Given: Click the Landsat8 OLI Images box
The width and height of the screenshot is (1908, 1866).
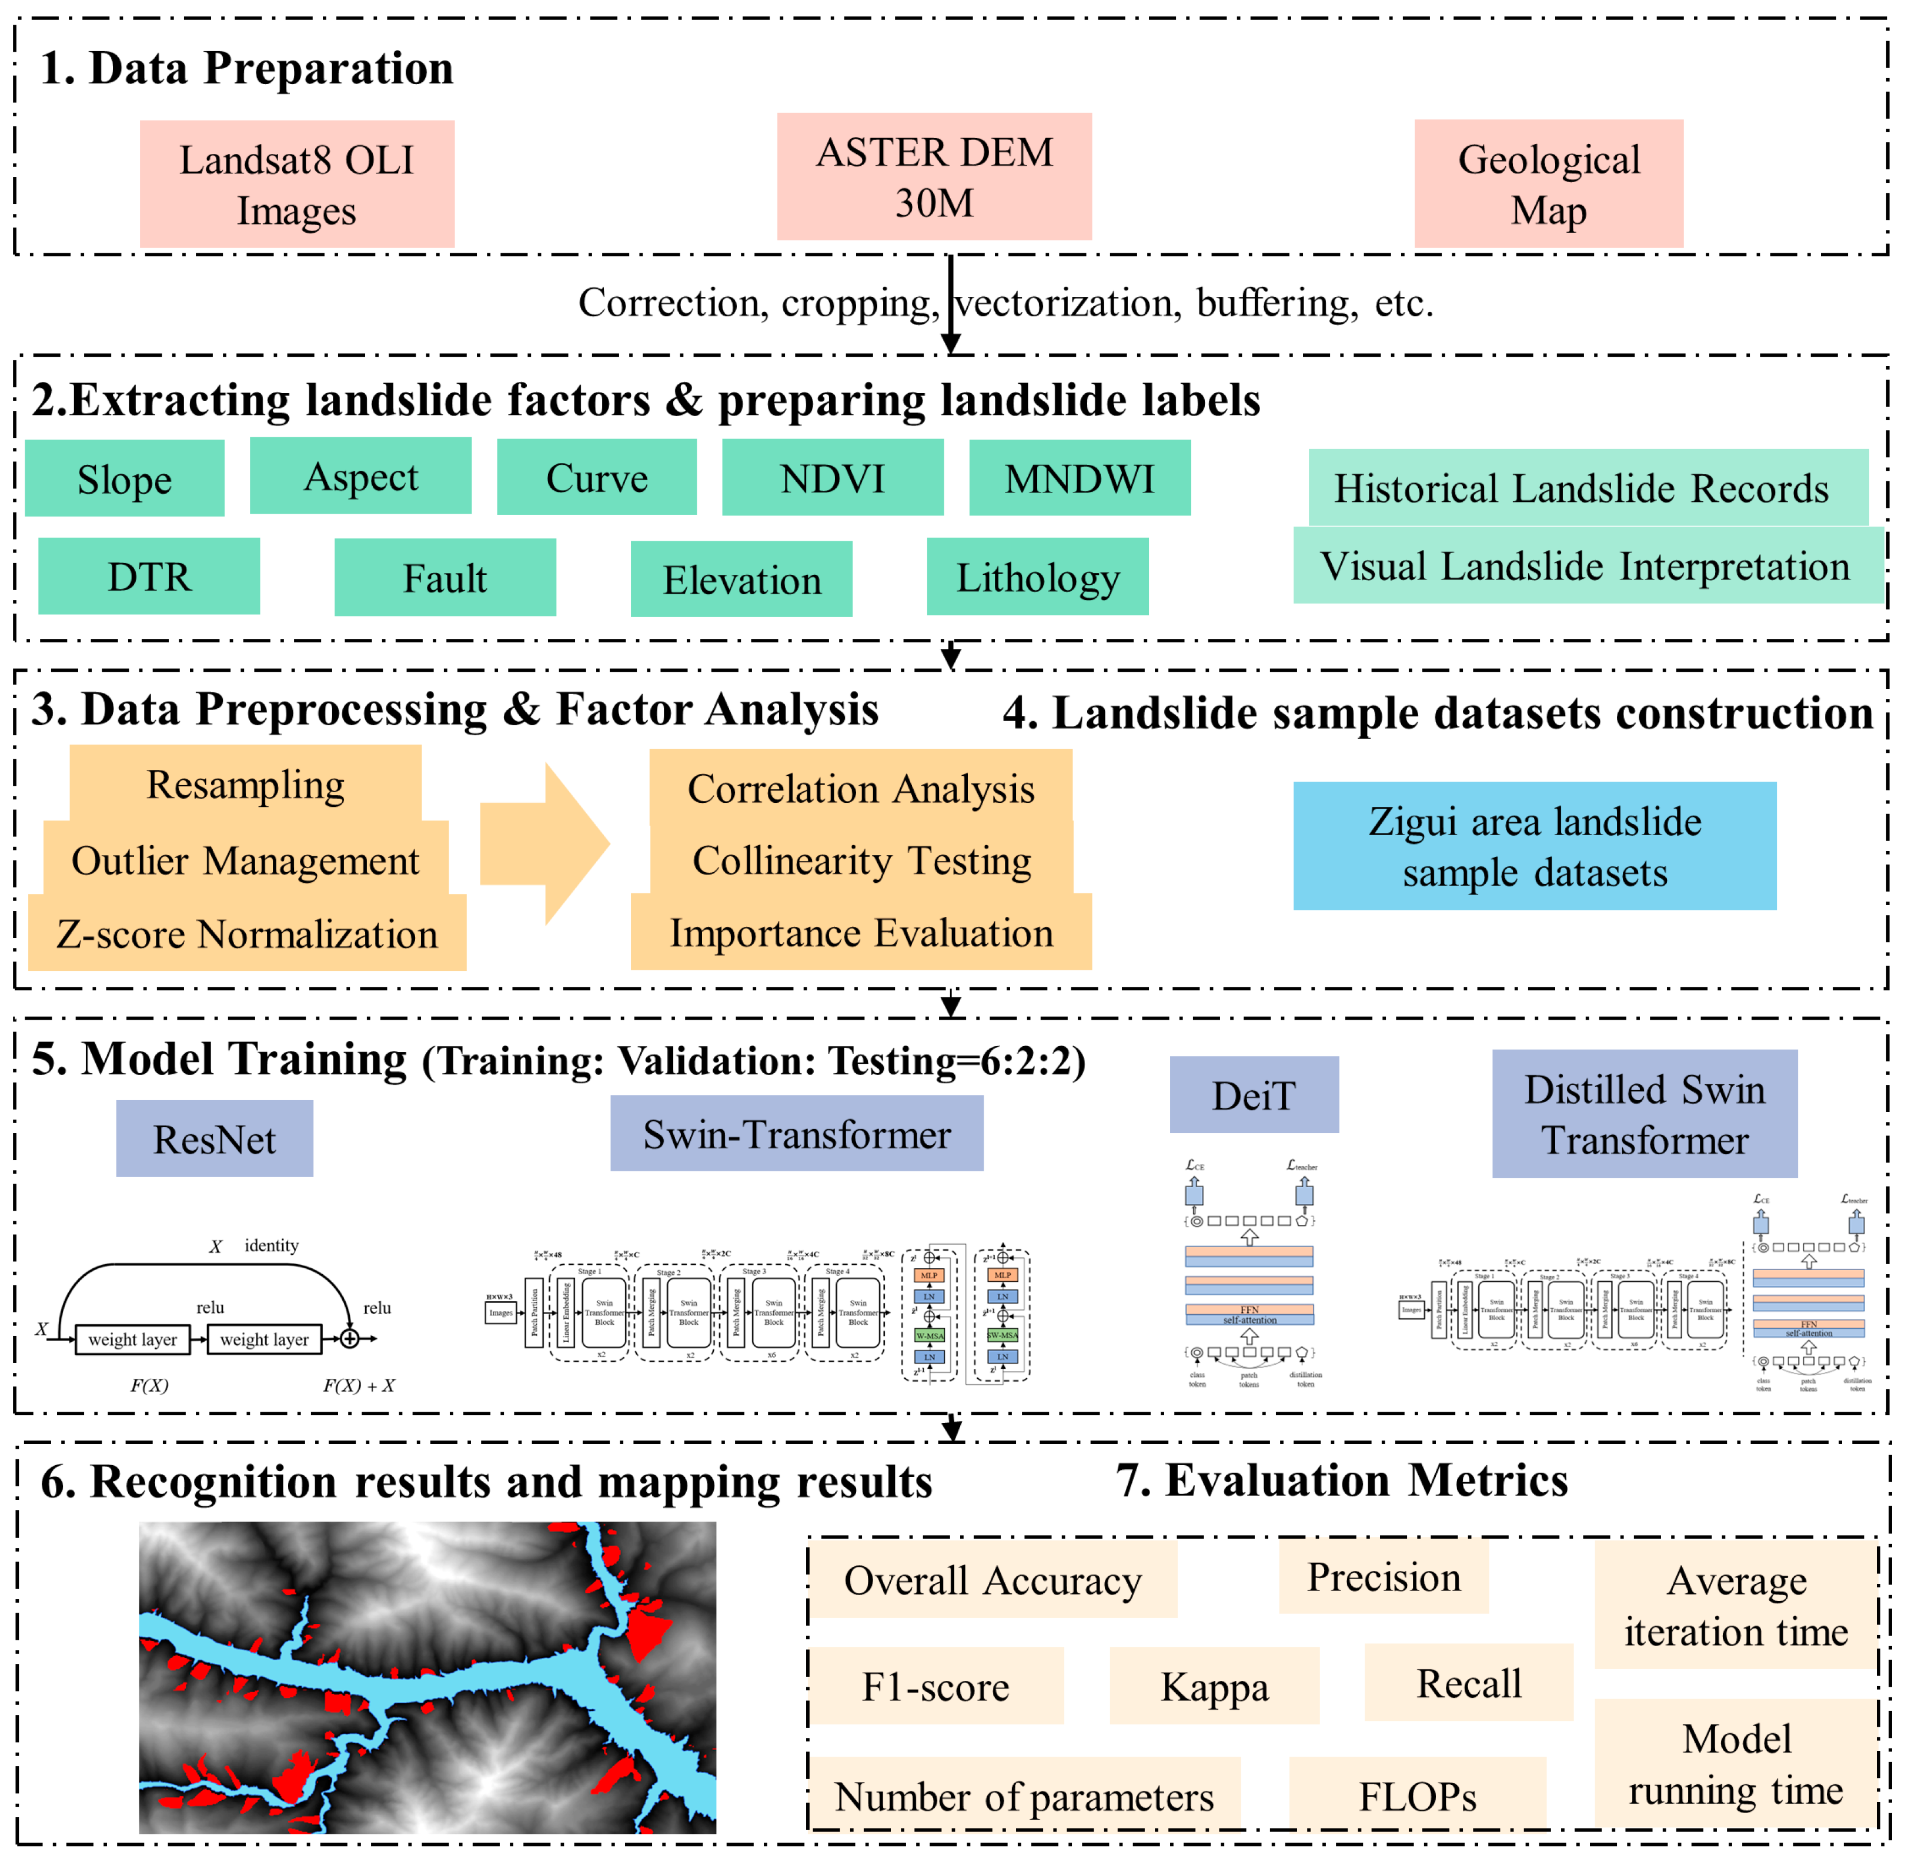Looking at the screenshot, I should pos(296,184).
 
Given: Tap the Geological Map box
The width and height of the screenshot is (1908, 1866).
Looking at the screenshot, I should pos(1548,183).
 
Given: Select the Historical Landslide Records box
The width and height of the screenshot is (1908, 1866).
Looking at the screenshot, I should pos(1580,487).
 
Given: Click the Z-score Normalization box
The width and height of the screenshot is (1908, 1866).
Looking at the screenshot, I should pos(246,934).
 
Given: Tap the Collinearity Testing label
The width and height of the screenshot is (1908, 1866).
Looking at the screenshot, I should pos(861,860).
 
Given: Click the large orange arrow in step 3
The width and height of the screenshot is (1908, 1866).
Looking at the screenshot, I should pos(544,844).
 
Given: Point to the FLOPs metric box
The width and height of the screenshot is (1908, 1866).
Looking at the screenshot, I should pos(1417,1797).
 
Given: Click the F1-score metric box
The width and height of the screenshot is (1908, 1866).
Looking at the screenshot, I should pos(935,1687).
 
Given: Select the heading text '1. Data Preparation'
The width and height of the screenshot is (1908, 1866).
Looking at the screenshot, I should pos(246,69).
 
